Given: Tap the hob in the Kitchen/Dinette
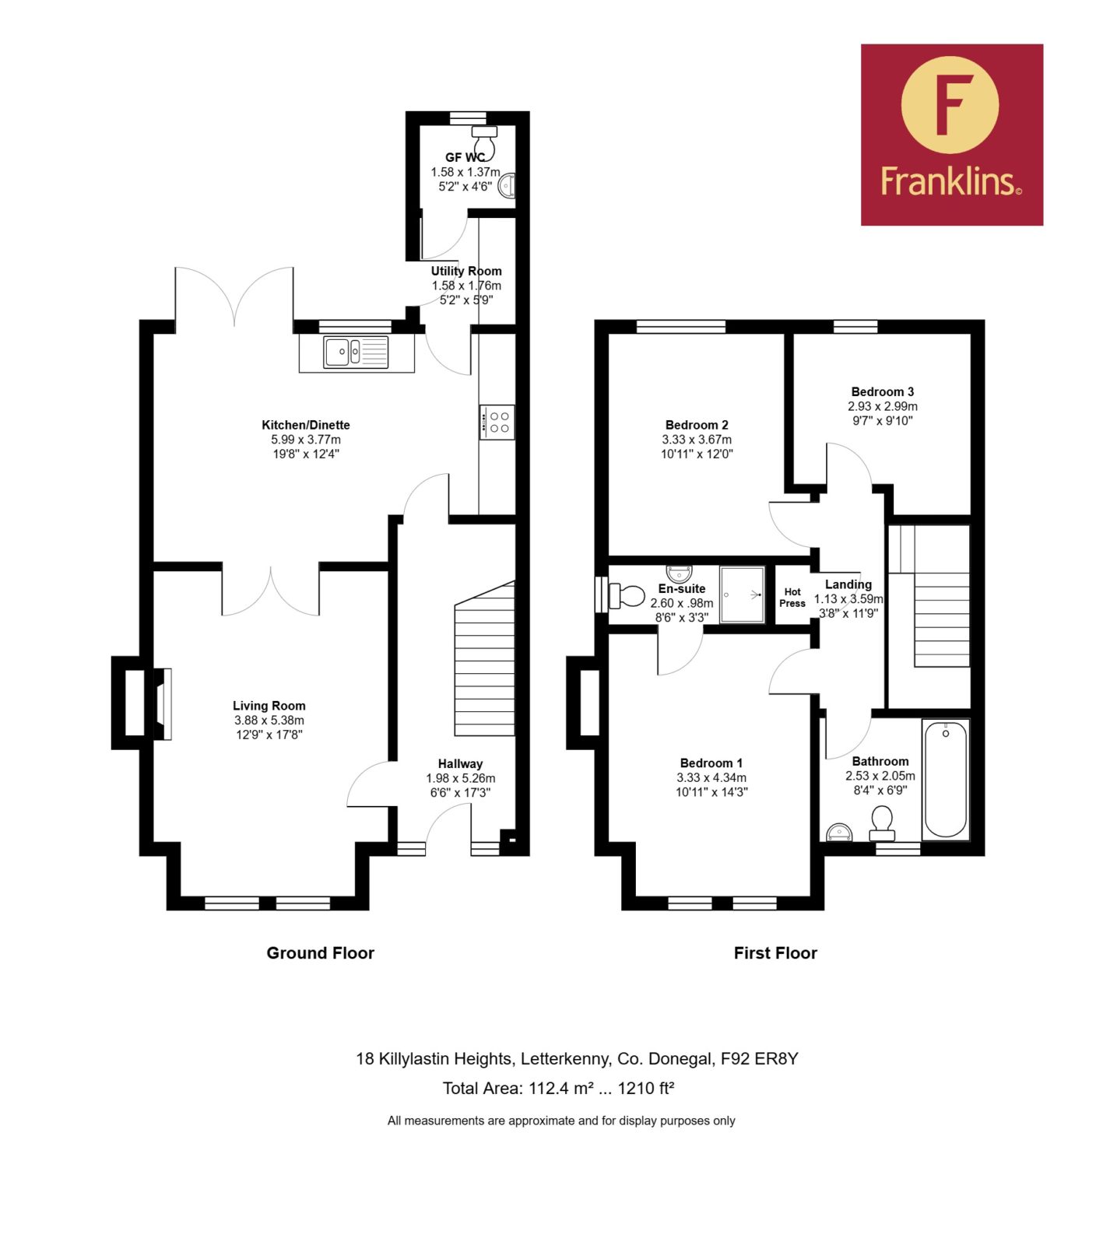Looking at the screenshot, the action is [497, 423].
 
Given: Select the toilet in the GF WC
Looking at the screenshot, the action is [485, 139].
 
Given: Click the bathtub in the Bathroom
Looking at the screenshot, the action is [945, 779].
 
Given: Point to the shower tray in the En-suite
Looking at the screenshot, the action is [742, 594].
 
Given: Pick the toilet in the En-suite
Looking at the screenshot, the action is [627, 596].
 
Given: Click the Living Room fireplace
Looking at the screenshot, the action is [163, 704].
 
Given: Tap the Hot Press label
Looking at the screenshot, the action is [792, 598].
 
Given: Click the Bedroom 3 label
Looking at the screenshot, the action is [883, 391].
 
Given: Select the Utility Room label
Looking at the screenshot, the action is [466, 271].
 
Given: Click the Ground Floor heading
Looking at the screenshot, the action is [320, 953].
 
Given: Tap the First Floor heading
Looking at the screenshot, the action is [775, 953].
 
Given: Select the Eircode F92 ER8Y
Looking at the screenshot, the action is [759, 1059].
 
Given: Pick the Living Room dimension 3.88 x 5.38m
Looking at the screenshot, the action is [269, 721].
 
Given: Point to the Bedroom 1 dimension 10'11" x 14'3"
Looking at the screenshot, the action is [711, 792].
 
